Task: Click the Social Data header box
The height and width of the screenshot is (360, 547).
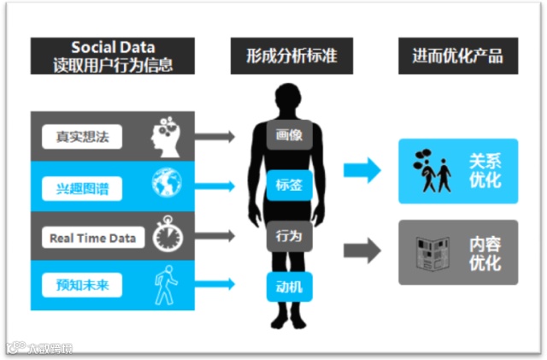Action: tap(113, 56)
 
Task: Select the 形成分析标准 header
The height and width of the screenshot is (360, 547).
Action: tap(285, 56)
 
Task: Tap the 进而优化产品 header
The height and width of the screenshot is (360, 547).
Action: tap(457, 56)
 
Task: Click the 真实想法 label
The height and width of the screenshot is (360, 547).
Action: tap(81, 135)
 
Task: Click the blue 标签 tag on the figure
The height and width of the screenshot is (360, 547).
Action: tap(289, 185)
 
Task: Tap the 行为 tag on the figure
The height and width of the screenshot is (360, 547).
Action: tap(289, 235)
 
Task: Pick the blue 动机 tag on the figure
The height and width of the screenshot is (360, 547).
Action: tap(289, 286)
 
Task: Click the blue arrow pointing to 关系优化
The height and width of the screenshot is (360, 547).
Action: tap(362, 169)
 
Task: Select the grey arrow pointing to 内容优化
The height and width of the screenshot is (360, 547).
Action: tap(362, 251)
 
